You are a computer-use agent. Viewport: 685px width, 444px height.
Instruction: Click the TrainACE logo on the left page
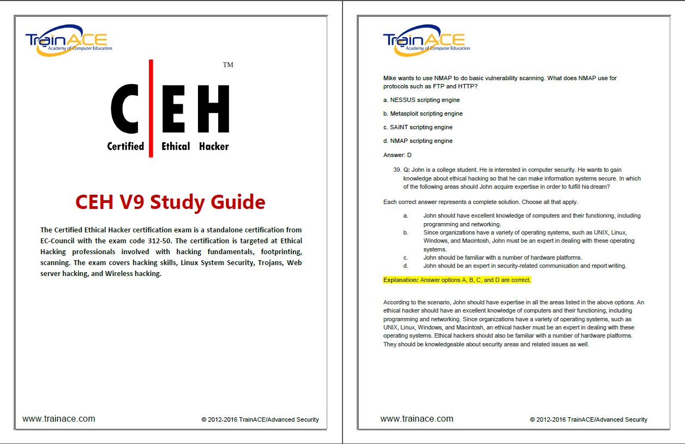[68, 41]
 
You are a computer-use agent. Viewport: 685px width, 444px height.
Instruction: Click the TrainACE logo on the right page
[426, 41]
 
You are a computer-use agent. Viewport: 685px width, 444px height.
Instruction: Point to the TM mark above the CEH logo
[228, 65]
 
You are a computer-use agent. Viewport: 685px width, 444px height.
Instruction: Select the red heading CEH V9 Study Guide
[170, 202]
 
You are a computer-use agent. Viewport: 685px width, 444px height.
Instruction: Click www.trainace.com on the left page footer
[59, 419]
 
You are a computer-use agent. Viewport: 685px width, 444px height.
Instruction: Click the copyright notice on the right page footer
[588, 419]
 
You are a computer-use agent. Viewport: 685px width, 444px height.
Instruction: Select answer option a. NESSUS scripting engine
[422, 100]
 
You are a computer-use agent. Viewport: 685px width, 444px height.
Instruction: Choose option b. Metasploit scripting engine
[423, 113]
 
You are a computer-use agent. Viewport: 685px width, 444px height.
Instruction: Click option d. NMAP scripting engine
[418, 141]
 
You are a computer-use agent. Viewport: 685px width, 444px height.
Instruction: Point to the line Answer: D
[398, 155]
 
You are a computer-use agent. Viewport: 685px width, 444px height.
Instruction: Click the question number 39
[396, 170]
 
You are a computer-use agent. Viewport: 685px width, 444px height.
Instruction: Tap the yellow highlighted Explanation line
[457, 280]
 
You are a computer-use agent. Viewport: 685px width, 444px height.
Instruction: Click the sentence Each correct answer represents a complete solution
[457, 202]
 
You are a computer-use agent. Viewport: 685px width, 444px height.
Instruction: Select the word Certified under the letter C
[125, 146]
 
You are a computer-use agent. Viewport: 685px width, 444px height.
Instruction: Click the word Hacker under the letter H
[214, 146]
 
